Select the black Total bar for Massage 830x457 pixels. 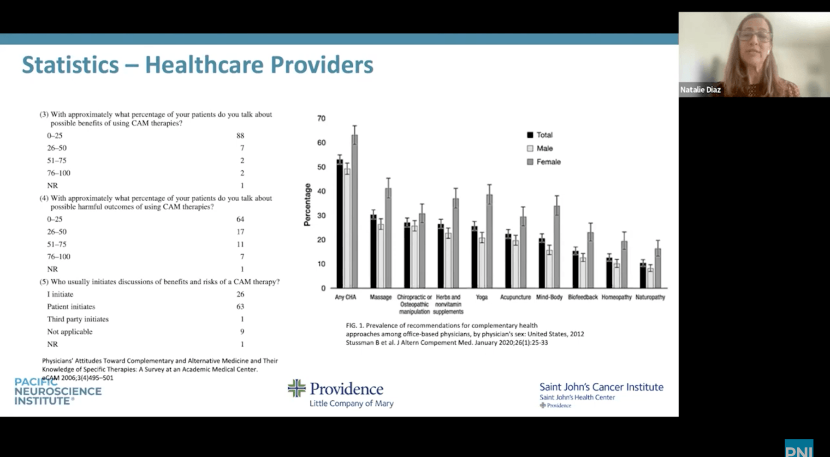[x=373, y=251]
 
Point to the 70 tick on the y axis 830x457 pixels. [x=321, y=119]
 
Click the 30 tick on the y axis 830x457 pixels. [x=321, y=216]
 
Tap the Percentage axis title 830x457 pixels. [x=308, y=204]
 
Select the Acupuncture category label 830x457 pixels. [x=515, y=297]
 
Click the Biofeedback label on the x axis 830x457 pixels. [x=582, y=297]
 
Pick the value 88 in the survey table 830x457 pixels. [x=240, y=136]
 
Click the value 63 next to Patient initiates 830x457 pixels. [x=240, y=307]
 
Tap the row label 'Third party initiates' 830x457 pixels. [x=77, y=319]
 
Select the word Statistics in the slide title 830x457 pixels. [x=70, y=65]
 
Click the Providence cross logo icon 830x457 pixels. [x=296, y=388]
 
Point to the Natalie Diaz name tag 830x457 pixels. [x=700, y=90]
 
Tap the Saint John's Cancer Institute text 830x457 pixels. [x=601, y=387]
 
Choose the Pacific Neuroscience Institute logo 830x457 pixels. [x=58, y=391]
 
